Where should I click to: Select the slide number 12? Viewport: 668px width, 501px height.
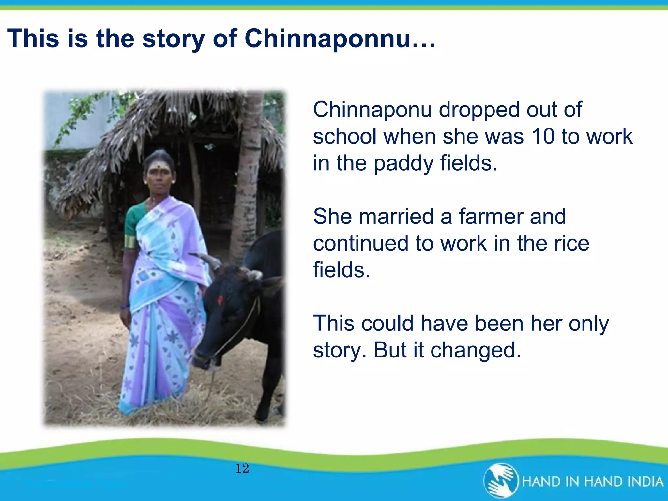click(x=242, y=468)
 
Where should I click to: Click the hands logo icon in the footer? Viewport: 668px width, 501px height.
click(x=501, y=481)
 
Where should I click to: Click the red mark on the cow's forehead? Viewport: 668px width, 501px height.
click(x=220, y=300)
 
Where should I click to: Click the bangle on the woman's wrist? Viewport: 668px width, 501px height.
click(x=124, y=306)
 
